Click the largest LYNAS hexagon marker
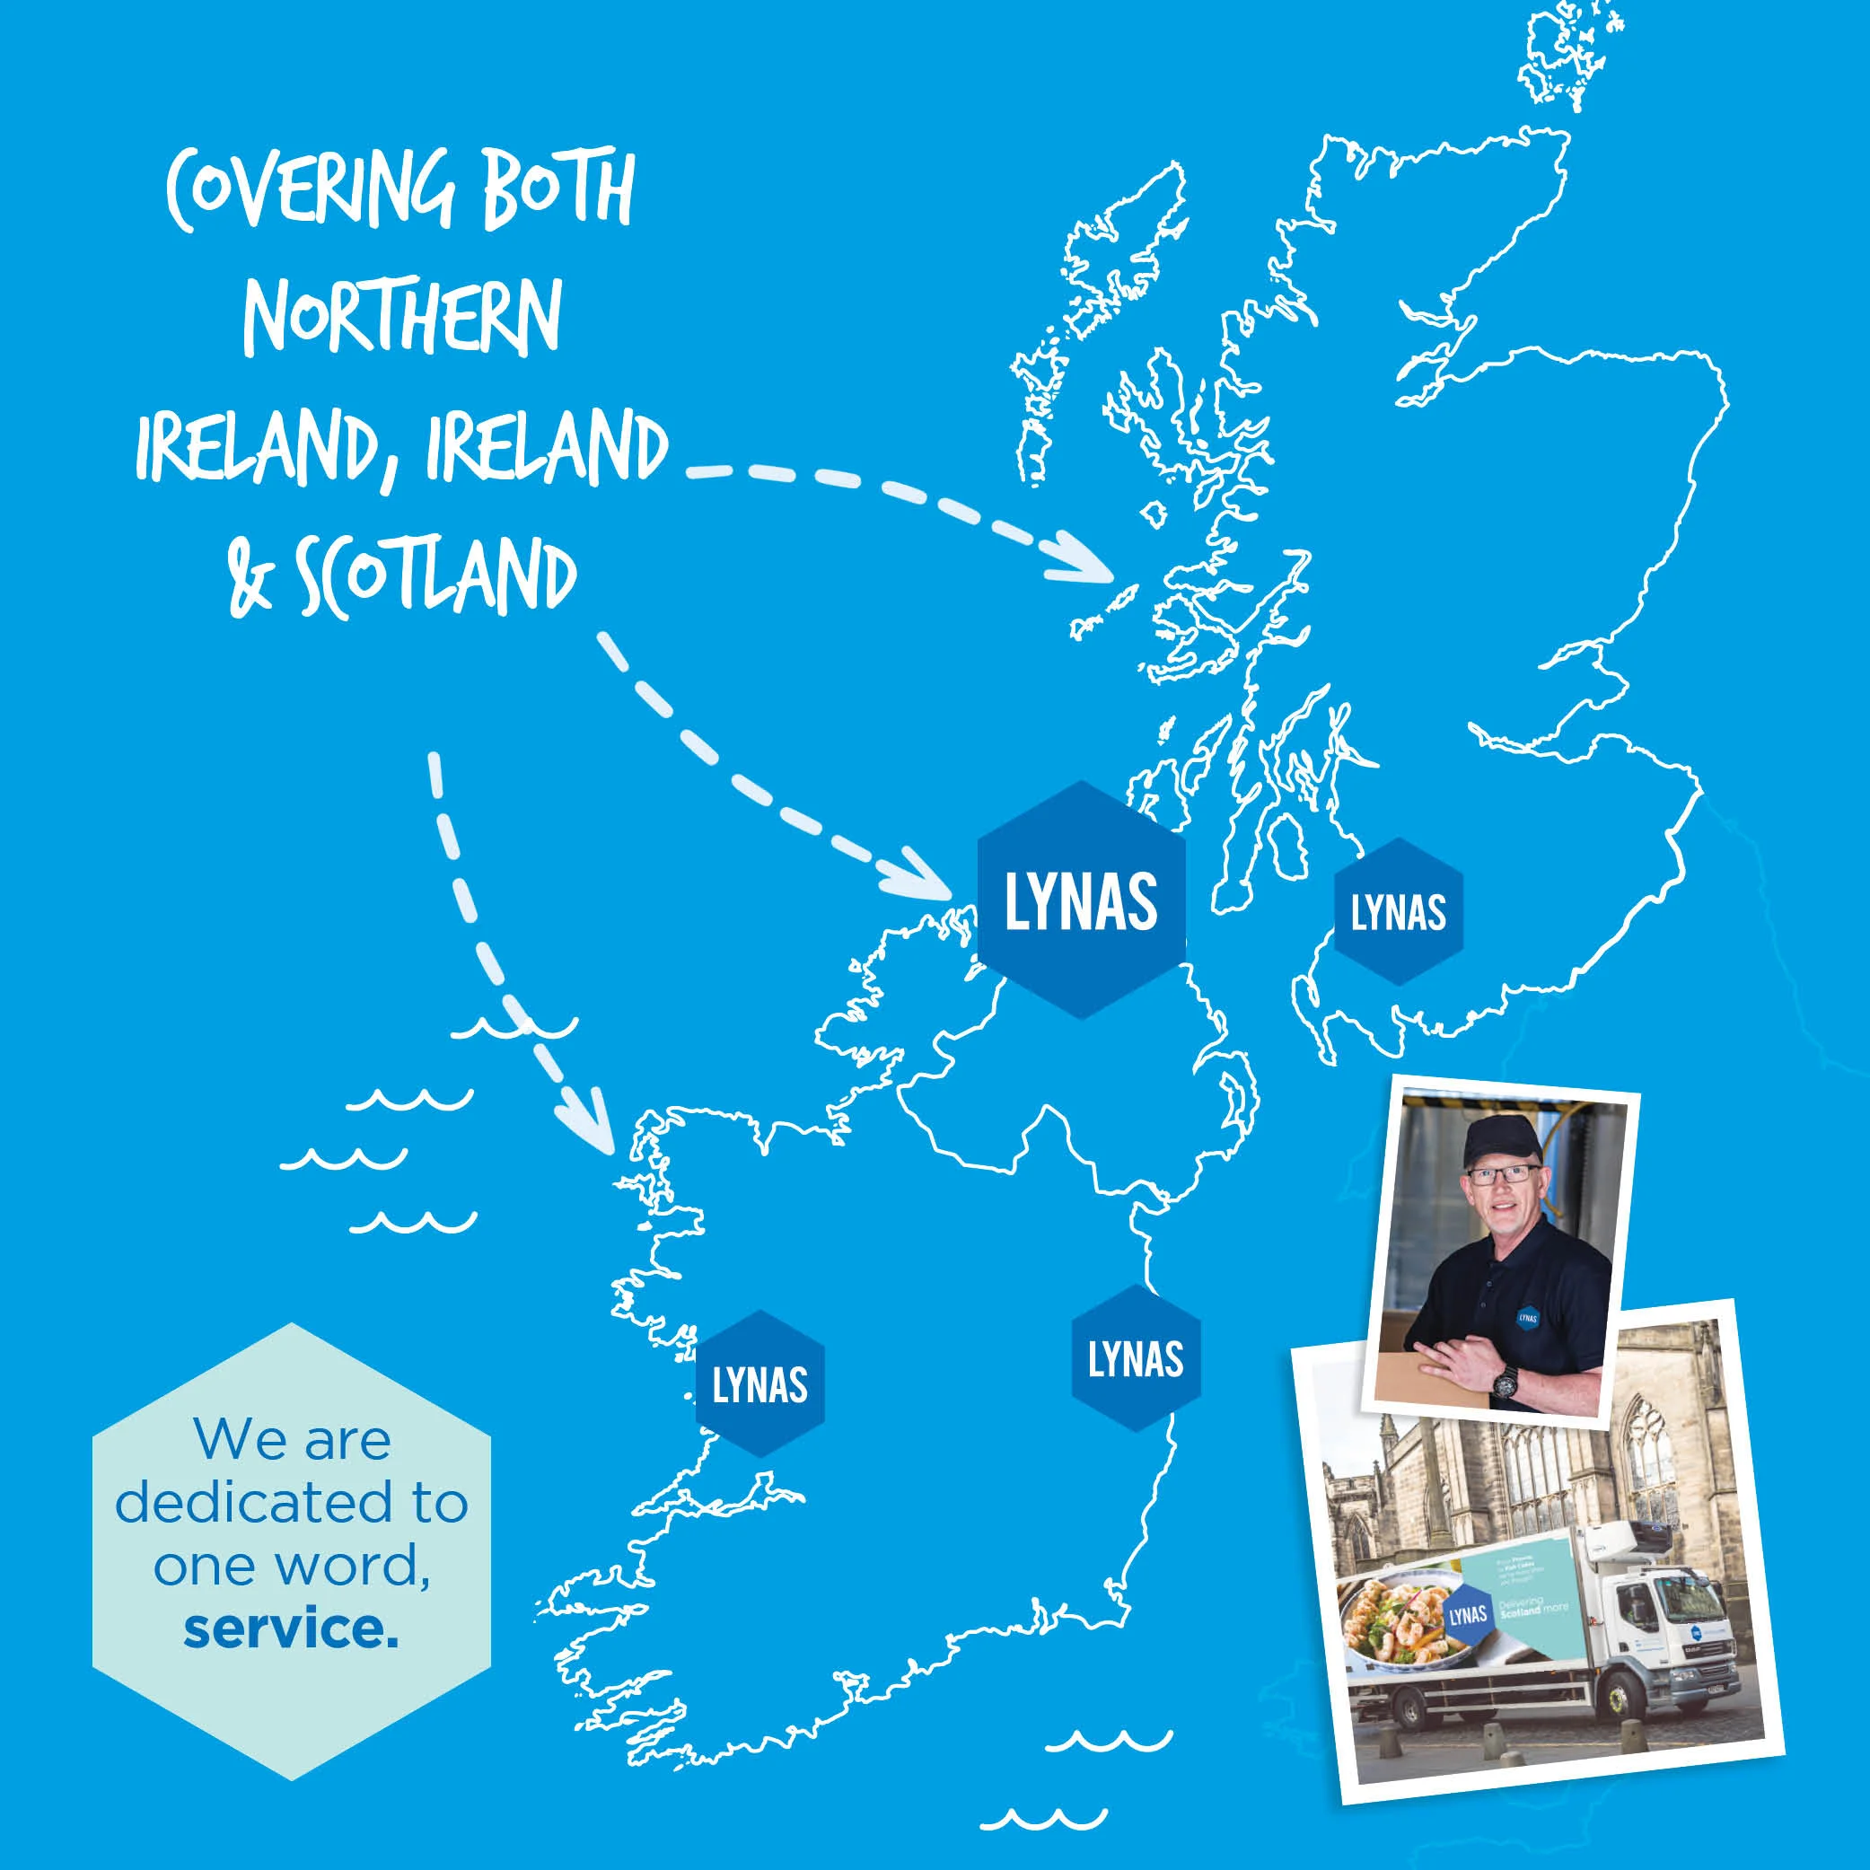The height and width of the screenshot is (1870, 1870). pyautogui.click(x=1081, y=900)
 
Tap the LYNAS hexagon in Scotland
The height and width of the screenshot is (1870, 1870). pyautogui.click(x=1399, y=912)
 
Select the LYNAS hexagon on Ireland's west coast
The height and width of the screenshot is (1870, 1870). pyautogui.click(x=759, y=1385)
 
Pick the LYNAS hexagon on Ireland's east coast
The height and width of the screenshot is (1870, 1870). pyautogui.click(x=1136, y=1359)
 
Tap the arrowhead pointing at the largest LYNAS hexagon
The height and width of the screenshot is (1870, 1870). pyautogui.click(x=929, y=876)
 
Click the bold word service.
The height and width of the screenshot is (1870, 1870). pyautogui.click(x=290, y=1629)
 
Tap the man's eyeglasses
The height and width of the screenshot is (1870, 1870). pyautogui.click(x=1501, y=1175)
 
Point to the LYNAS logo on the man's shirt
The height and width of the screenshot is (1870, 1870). pyautogui.click(x=1527, y=1316)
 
